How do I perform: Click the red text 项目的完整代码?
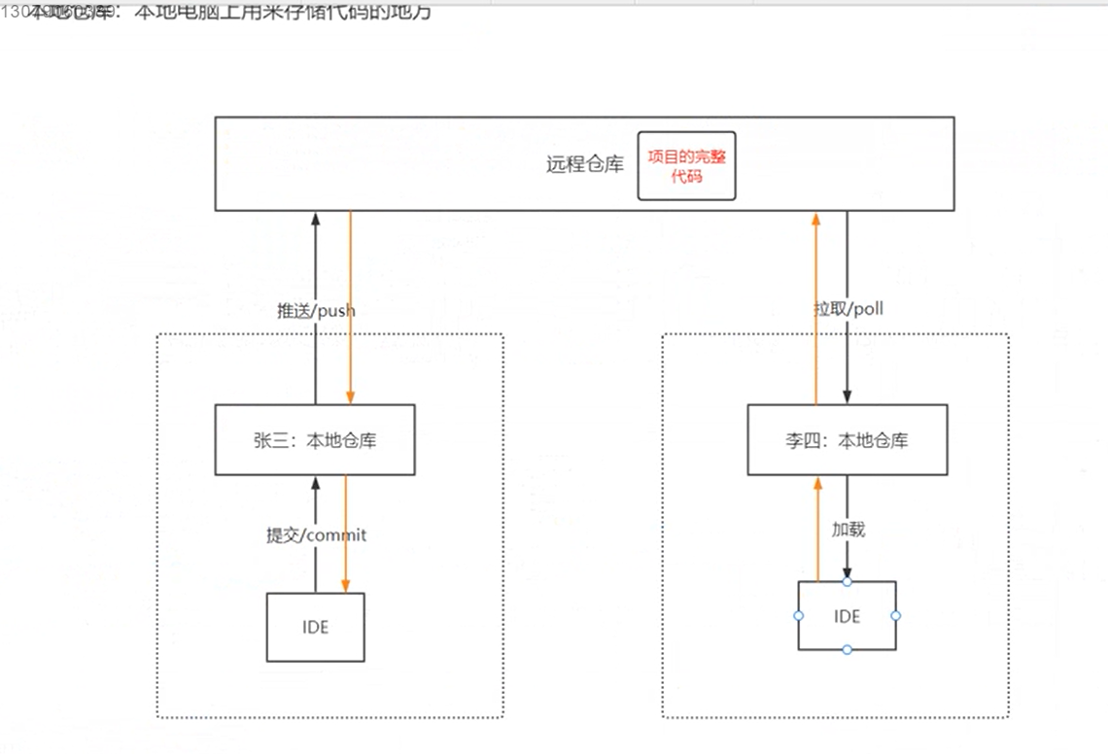point(686,166)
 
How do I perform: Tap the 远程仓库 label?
point(584,164)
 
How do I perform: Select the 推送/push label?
point(317,311)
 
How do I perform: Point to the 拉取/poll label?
point(848,309)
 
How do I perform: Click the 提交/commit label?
point(317,534)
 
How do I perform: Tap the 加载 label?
point(848,530)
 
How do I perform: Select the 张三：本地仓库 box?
point(315,440)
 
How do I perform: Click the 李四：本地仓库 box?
point(847,440)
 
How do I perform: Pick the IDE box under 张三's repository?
point(316,628)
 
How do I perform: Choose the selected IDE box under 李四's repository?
point(847,616)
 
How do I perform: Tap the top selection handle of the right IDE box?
point(847,581)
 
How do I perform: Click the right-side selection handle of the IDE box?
point(896,616)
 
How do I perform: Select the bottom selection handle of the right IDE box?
point(847,649)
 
